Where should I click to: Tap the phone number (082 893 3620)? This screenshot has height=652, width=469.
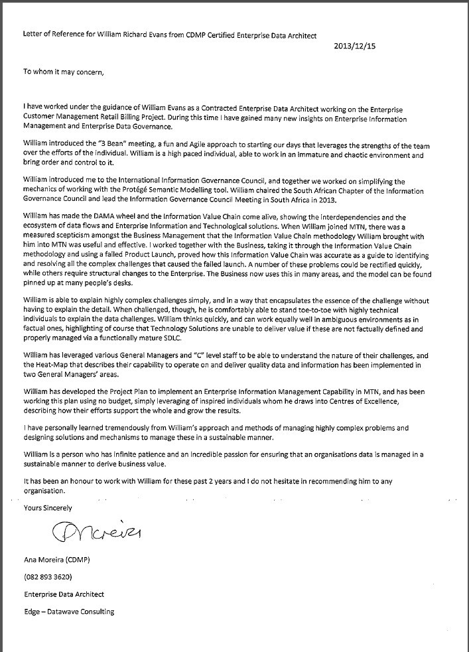coord(47,576)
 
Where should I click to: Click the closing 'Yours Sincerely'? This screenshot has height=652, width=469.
coord(48,507)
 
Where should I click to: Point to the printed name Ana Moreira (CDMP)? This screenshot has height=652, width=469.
coord(58,560)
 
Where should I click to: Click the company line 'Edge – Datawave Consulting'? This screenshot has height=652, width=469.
coord(68,612)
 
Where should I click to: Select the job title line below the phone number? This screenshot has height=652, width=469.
coord(63,594)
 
